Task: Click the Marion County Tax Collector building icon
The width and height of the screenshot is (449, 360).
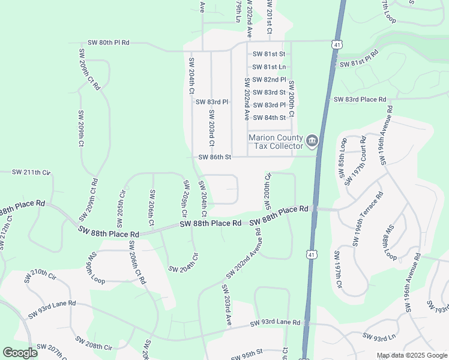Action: [312, 142]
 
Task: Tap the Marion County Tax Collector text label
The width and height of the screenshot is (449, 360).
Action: [277, 142]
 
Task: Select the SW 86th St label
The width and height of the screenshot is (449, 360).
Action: [215, 158]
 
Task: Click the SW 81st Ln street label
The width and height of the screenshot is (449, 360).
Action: [269, 67]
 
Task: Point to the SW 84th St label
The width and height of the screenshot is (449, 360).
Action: [269, 118]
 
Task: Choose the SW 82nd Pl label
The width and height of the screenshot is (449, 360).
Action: [270, 79]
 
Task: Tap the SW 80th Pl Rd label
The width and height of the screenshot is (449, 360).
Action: [109, 43]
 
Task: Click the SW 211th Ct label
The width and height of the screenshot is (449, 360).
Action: [31, 172]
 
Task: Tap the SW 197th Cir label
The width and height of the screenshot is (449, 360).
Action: [339, 269]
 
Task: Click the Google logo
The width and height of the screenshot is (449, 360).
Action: [20, 353]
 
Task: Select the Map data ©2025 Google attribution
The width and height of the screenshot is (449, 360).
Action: [411, 355]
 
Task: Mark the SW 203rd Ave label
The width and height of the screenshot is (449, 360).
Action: [228, 310]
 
